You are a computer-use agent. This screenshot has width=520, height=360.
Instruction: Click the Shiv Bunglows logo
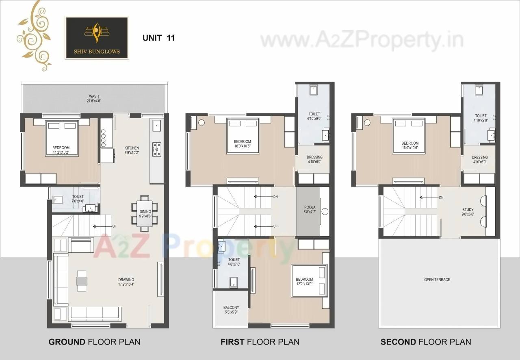click(97, 37)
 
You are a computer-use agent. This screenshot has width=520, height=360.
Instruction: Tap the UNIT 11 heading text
click(158, 38)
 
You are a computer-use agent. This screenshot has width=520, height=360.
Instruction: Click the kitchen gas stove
click(156, 149)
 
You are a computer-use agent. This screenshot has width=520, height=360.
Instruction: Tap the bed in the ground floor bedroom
click(61, 138)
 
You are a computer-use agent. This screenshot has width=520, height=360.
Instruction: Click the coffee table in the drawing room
click(82, 281)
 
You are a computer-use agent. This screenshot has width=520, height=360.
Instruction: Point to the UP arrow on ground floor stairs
click(102, 226)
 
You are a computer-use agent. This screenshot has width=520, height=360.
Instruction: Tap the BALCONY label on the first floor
click(231, 310)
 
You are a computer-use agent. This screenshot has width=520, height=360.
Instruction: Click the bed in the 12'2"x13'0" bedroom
click(310, 280)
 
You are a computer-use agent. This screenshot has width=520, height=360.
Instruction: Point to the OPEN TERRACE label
click(437, 280)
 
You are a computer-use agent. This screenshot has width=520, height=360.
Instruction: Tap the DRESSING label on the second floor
click(480, 159)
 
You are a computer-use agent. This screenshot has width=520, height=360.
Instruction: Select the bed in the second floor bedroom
click(409, 136)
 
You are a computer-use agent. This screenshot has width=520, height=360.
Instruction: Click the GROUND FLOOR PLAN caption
click(94, 342)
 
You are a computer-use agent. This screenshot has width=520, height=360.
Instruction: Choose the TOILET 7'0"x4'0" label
click(78, 199)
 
